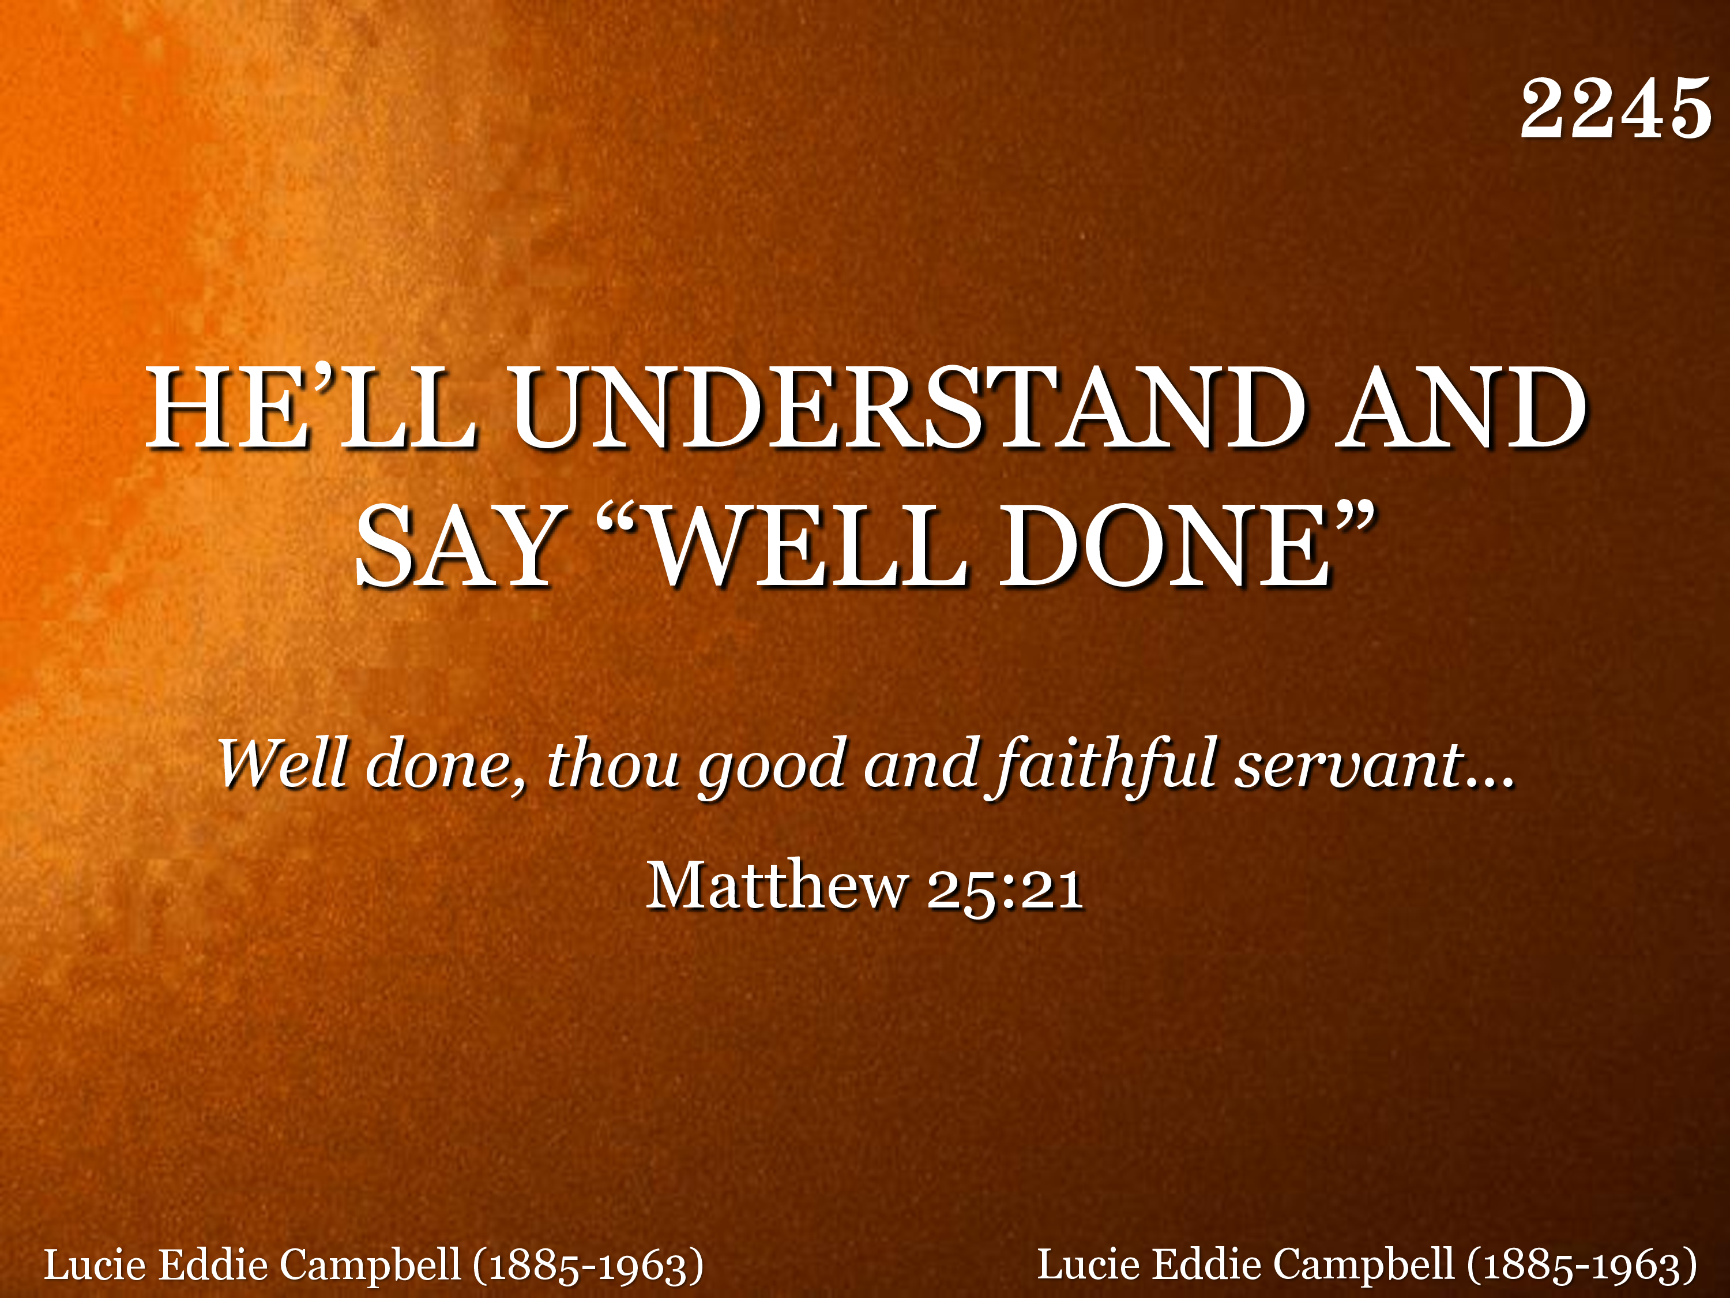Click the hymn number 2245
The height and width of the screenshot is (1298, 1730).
pyautogui.click(x=1616, y=109)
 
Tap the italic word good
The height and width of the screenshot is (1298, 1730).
pyautogui.click(x=772, y=768)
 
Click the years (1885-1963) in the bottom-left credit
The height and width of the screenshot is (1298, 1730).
pyautogui.click(x=588, y=1266)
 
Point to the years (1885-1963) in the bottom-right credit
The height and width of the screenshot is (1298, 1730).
pyautogui.click(x=1581, y=1266)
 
